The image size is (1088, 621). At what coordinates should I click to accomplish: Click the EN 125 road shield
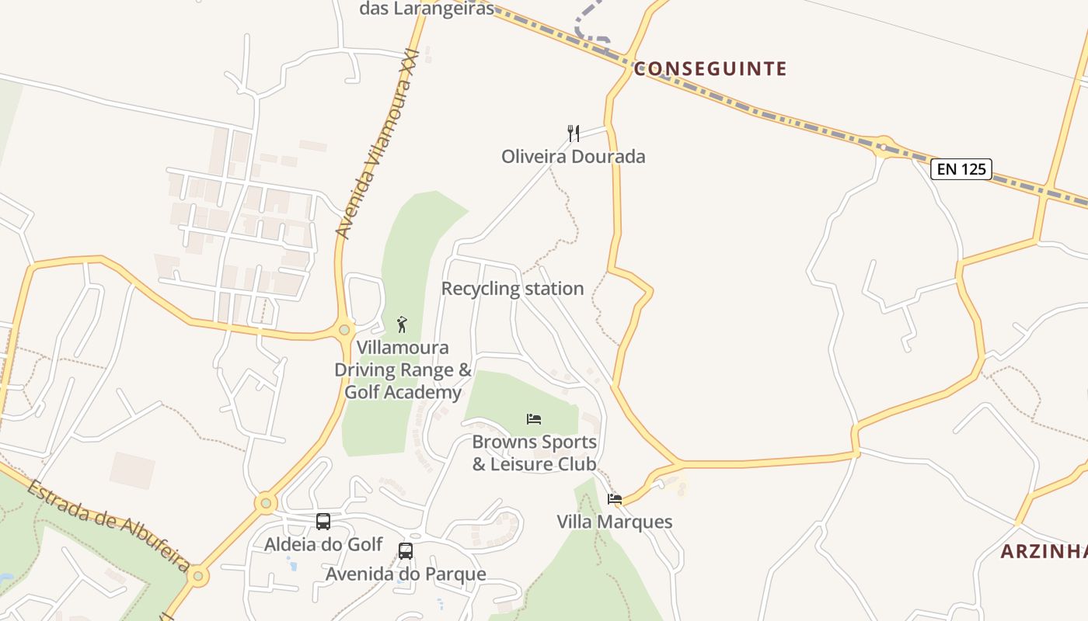(x=961, y=168)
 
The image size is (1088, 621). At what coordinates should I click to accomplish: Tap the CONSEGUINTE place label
(x=710, y=69)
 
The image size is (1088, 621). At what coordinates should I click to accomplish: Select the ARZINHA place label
(x=1044, y=552)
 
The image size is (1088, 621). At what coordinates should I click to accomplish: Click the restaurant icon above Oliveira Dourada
(x=574, y=133)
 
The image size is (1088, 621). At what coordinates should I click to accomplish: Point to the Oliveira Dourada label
(x=574, y=156)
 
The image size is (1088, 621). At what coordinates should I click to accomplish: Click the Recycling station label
(x=512, y=289)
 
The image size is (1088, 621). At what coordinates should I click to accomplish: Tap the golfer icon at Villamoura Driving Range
(x=402, y=324)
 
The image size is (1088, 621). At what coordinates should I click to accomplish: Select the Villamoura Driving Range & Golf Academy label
(x=403, y=369)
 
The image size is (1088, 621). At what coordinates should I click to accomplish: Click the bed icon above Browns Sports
(x=534, y=419)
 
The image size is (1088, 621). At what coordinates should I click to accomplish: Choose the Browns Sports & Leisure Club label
(x=535, y=453)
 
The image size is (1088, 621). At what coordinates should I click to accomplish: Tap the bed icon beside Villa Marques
(x=615, y=498)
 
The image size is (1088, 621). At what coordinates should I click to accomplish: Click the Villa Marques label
(x=615, y=522)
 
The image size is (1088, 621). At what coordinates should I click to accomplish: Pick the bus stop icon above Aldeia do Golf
(x=323, y=522)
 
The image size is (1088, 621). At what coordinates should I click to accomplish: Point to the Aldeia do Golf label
(x=323, y=544)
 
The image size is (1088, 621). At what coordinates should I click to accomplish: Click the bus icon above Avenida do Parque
(x=406, y=551)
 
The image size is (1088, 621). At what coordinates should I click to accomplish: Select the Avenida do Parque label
(x=406, y=574)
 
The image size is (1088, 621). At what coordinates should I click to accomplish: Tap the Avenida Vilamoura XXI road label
(x=377, y=144)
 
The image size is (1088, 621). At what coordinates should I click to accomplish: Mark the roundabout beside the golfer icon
(x=344, y=330)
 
